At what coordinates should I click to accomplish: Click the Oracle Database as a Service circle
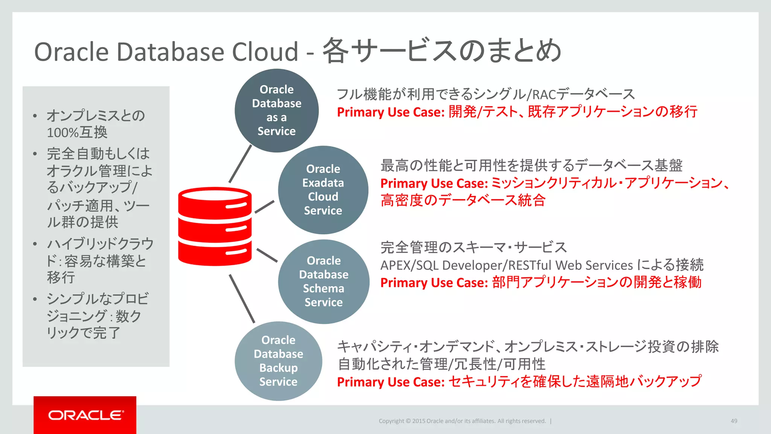pos(277,110)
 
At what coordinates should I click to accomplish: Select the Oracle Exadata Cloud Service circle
pos(323,189)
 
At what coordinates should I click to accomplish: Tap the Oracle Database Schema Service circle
pos(324,281)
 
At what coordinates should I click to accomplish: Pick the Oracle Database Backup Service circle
pos(278,361)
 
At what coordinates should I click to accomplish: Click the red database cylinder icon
pos(215,226)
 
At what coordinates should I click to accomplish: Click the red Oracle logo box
pos(85,415)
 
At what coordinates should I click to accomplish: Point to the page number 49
pos(734,421)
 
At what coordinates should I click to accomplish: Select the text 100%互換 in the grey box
pos(77,133)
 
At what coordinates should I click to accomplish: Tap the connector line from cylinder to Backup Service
pos(242,299)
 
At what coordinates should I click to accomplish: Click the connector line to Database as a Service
pos(240,164)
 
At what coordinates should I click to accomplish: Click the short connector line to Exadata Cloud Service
pos(264,207)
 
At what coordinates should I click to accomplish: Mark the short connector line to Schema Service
pos(267,255)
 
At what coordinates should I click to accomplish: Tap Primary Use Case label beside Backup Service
pos(390,382)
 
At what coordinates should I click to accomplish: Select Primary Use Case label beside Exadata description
pos(434,183)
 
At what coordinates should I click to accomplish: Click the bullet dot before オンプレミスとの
pos(35,116)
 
